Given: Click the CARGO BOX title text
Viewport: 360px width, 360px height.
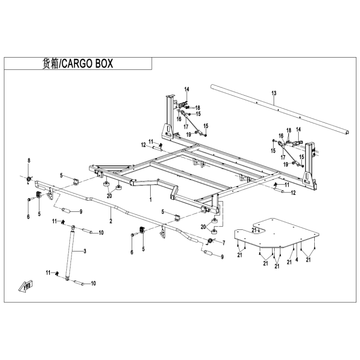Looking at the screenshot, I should (77, 64).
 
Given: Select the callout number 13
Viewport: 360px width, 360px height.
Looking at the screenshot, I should (274, 93).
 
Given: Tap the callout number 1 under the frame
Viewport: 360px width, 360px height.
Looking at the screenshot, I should (150, 198).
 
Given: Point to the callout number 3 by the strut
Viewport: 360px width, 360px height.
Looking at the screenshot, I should (85, 250).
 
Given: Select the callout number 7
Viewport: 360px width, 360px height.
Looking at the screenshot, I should (224, 241).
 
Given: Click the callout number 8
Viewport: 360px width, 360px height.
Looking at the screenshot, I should (29, 161).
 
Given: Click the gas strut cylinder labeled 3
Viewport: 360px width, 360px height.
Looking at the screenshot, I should (70, 252).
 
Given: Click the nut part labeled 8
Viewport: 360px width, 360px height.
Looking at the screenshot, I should (29, 178).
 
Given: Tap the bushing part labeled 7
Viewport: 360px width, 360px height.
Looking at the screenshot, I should (210, 241).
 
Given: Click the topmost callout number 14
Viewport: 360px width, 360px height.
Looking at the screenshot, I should (187, 89).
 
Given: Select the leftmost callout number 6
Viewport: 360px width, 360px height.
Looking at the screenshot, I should (29, 217).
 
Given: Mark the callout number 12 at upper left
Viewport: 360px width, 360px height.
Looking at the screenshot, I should (144, 145).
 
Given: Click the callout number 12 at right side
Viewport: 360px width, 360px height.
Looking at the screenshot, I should (293, 192).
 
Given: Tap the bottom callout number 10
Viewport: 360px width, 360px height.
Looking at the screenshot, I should (93, 283).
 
